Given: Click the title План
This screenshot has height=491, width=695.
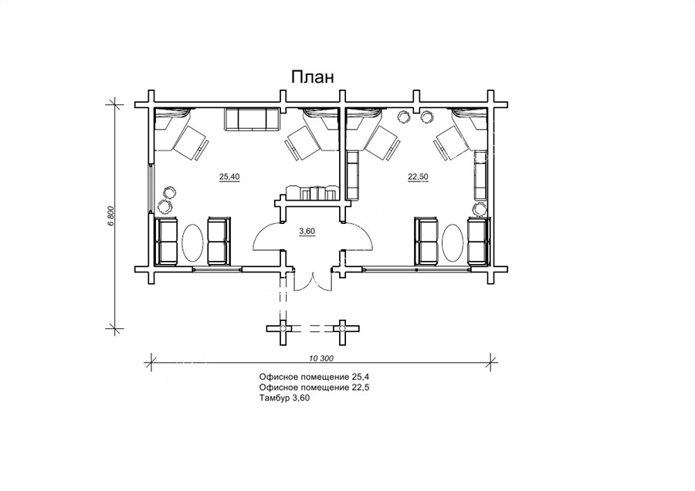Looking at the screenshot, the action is pyautogui.click(x=312, y=77).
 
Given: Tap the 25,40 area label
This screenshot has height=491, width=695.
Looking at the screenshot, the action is pyautogui.click(x=229, y=177).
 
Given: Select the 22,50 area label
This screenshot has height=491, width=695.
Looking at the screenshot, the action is pyautogui.click(x=418, y=177).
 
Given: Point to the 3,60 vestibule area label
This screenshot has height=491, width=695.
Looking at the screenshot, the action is pyautogui.click(x=307, y=231).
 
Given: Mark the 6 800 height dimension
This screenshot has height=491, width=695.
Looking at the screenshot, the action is pyautogui.click(x=111, y=216).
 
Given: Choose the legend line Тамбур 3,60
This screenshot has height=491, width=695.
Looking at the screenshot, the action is pyautogui.click(x=284, y=398).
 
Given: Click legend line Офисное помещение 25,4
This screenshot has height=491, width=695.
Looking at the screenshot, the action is pyautogui.click(x=314, y=377).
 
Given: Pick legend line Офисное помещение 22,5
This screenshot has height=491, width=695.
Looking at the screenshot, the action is pyautogui.click(x=314, y=388).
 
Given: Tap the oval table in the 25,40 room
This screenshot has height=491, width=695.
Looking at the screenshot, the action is pyautogui.click(x=193, y=242).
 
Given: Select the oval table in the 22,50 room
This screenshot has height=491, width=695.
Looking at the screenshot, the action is pyautogui.click(x=453, y=242).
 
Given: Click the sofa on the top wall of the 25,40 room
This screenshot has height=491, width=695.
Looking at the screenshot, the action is pyautogui.click(x=253, y=119).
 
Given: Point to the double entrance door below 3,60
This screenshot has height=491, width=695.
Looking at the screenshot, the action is pyautogui.click(x=313, y=279).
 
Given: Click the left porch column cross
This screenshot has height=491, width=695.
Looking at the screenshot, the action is pyautogui.click(x=283, y=328).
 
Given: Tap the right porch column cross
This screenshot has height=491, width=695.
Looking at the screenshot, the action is pyautogui.click(x=342, y=328).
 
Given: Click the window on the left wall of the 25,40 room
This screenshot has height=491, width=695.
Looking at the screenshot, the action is pyautogui.click(x=151, y=189).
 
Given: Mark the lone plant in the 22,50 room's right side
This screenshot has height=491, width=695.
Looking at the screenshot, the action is pyautogui.click(x=479, y=208).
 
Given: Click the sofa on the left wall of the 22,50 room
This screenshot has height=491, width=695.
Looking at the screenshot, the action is pyautogui.click(x=352, y=174).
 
